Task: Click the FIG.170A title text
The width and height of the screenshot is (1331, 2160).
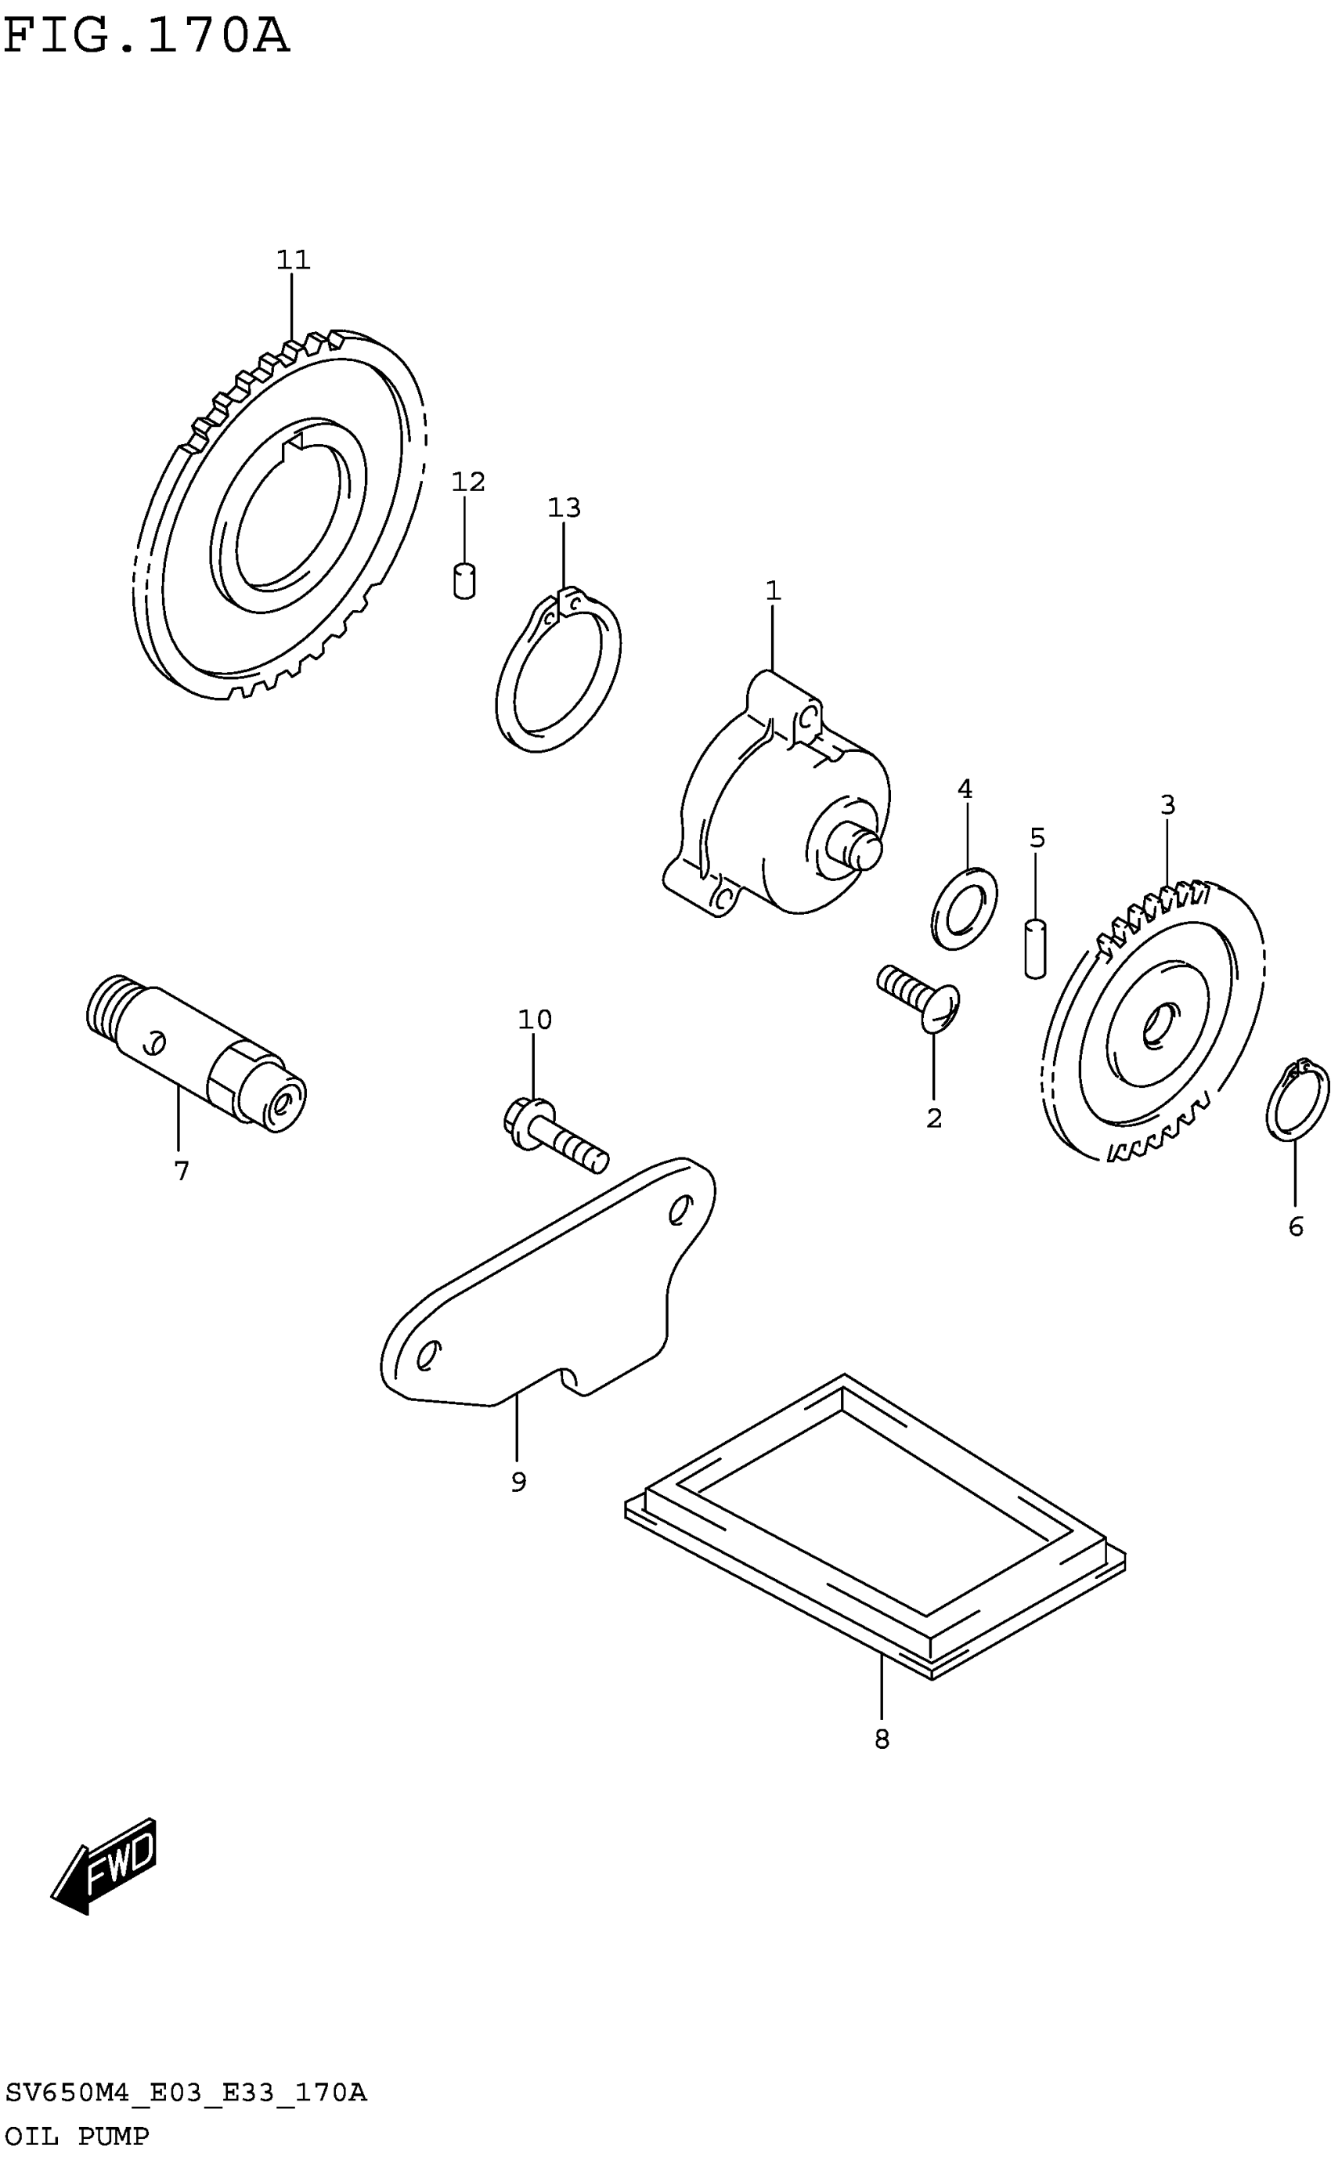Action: pyautogui.click(x=146, y=37)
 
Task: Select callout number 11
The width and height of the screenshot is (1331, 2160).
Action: pyautogui.click(x=293, y=260)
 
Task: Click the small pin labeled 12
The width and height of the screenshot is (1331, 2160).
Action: pyautogui.click(x=464, y=581)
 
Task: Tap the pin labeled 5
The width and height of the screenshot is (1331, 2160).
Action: pyautogui.click(x=1035, y=948)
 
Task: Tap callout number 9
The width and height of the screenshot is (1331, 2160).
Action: pyautogui.click(x=518, y=1483)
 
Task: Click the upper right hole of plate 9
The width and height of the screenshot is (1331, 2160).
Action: pyautogui.click(x=680, y=1211)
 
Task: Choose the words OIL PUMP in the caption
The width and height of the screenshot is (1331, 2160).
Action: pyautogui.click(x=77, y=2137)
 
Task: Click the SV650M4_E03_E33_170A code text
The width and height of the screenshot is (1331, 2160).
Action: pyautogui.click(x=185, y=2092)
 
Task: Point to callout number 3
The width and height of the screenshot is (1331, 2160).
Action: pyautogui.click(x=1167, y=804)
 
